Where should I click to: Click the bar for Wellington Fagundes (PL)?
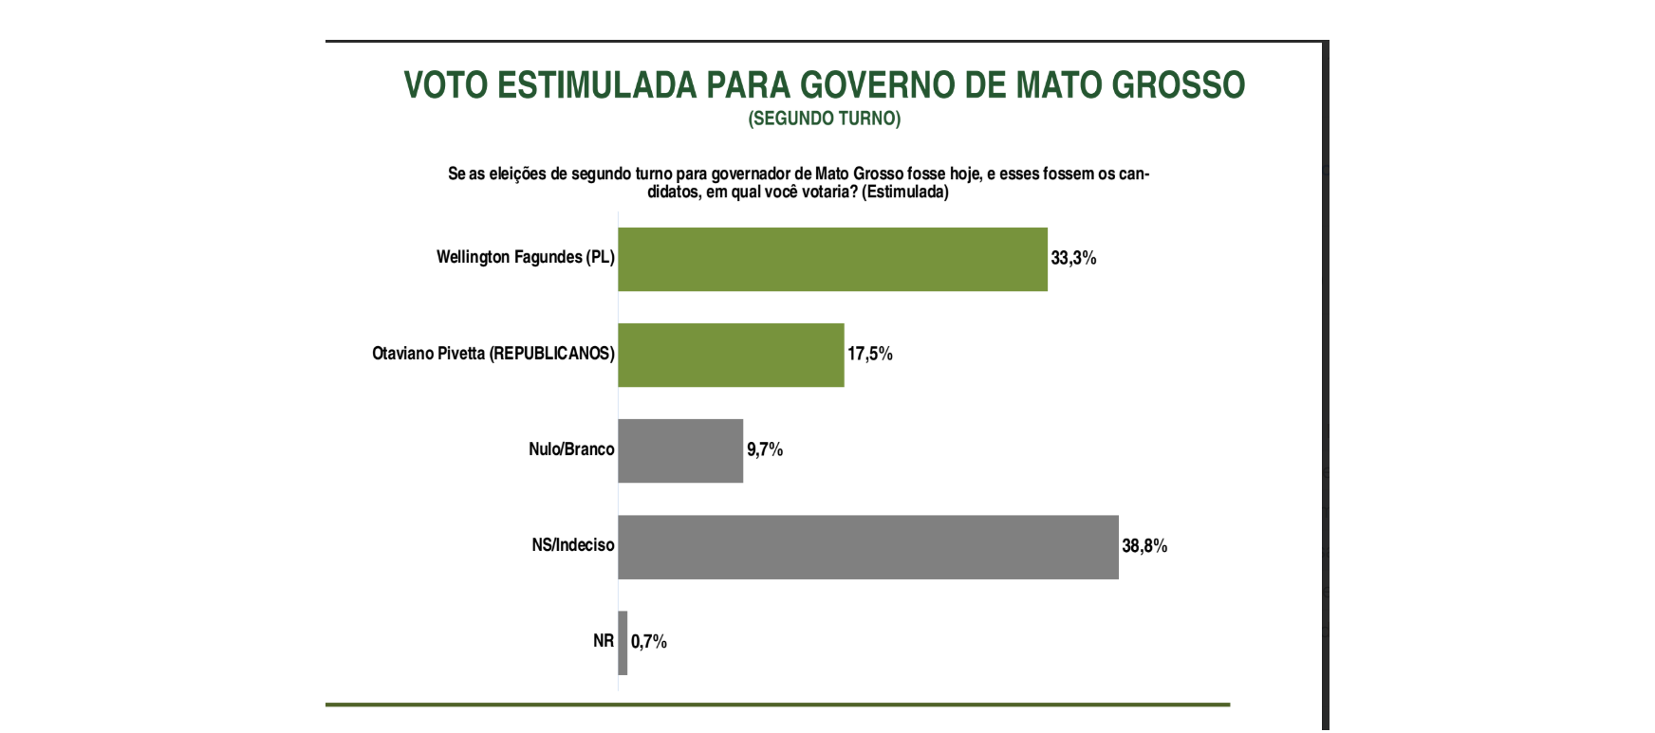pos(832,259)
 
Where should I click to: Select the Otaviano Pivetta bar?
pos(731,355)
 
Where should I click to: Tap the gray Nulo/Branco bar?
pos(680,450)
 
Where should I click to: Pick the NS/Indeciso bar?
pos(867,547)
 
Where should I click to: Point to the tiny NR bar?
pos(623,643)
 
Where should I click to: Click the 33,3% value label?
pos(1073,258)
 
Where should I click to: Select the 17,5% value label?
pos(869,354)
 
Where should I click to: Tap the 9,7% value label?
pos(764,449)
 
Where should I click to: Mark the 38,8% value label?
pos(1144,546)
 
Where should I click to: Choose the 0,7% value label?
pos(649,642)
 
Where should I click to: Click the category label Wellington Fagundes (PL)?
pos(525,257)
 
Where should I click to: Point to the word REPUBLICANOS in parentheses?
pos(551,354)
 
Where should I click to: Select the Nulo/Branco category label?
pos(571,449)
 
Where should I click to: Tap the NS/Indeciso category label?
pos(573,545)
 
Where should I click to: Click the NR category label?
pos(604,641)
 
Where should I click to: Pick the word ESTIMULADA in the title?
pos(597,85)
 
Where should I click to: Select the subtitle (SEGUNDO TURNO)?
pos(824,119)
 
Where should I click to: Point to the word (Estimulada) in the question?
pos(905,192)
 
